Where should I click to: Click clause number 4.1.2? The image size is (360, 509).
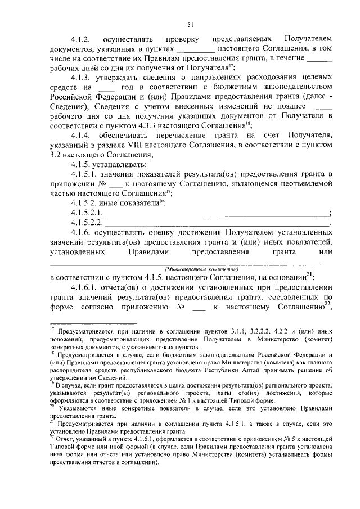[82, 40]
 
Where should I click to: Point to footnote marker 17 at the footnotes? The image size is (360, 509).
[52, 329]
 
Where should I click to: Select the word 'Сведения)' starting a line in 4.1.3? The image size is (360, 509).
[68, 106]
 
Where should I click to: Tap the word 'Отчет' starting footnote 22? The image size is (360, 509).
[65, 437]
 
